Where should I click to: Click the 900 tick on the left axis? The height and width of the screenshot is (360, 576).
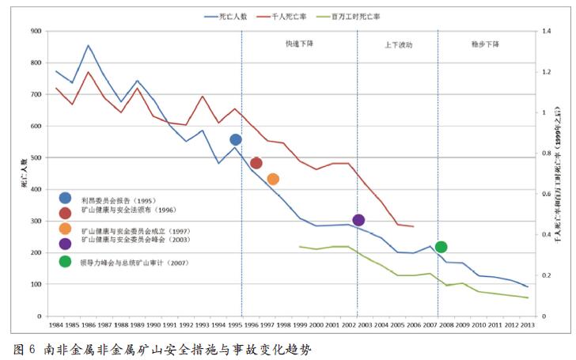pos(36,31)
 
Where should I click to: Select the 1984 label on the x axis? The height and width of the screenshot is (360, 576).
pos(56,324)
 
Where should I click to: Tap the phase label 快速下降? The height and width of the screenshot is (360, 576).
pos(299,44)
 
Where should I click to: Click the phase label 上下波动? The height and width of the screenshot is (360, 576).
pos(398,45)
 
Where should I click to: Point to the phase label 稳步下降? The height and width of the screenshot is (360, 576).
pos(485,44)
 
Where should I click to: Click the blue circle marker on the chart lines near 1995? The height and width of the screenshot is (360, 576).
pos(235,140)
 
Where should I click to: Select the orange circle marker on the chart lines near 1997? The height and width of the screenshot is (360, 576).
pos(273,179)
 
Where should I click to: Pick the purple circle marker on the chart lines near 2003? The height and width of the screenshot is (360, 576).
pos(358,220)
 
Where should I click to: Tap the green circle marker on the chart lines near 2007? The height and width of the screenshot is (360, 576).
pos(441,247)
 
